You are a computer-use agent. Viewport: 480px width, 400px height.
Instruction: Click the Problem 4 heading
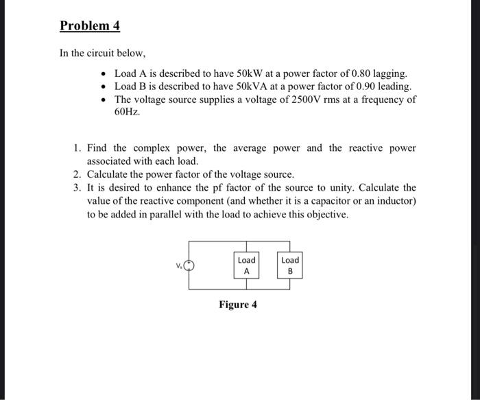coord(90,26)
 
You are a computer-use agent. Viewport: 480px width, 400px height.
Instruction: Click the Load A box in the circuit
coord(246,266)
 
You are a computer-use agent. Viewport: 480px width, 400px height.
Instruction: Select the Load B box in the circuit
coord(290,266)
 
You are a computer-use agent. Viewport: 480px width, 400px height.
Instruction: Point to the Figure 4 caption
coord(238,305)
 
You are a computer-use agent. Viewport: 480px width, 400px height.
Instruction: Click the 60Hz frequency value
coord(127,112)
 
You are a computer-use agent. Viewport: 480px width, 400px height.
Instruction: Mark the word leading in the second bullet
coord(392,86)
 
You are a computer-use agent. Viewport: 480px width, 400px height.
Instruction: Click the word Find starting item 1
coord(98,148)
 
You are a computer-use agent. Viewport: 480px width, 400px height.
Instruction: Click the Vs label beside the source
coord(178,266)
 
